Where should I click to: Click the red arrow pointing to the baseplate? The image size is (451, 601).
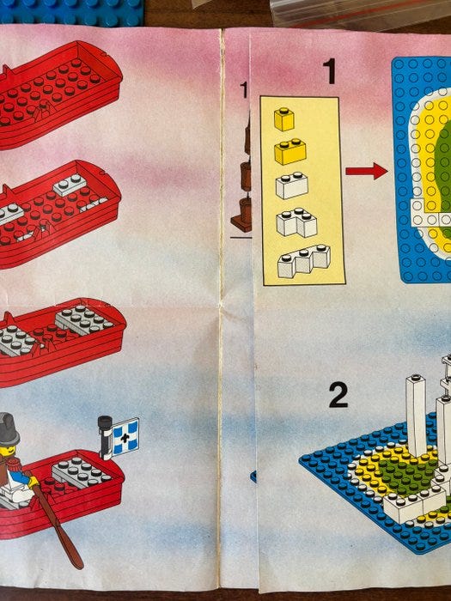(366, 171)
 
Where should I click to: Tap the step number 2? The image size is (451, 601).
(338, 395)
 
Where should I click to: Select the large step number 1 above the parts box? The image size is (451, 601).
(329, 71)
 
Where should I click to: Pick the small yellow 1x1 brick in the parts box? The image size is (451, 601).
(284, 119)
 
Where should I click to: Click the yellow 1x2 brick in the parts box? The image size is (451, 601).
(290, 151)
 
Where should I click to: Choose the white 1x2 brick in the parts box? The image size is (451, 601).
(292, 185)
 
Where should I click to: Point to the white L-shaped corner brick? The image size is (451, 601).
(296, 222)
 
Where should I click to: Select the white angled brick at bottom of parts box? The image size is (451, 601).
(304, 261)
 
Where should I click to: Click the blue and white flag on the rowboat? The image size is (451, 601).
(125, 436)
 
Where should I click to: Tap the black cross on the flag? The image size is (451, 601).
(125, 436)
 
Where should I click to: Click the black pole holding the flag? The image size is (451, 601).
(105, 437)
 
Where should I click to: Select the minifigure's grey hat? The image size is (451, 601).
(9, 429)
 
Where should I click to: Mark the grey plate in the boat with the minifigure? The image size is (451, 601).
(82, 472)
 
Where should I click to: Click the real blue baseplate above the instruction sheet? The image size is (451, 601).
(71, 12)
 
